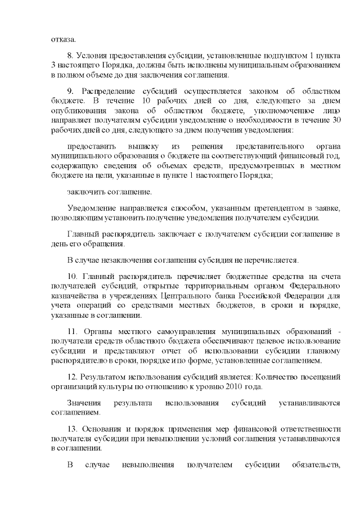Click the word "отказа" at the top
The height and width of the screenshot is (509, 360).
[62, 39]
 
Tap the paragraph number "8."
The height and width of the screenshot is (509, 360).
[70, 56]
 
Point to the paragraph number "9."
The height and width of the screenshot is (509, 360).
[70, 91]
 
